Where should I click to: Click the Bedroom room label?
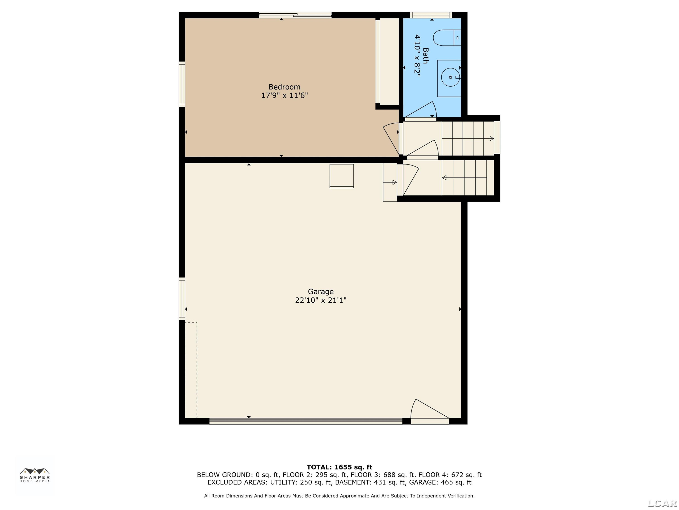(284, 87)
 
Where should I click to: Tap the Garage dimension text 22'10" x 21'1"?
(321, 300)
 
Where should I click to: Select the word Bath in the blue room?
(426, 56)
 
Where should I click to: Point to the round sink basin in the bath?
(450, 77)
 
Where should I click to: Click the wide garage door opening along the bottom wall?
(306, 421)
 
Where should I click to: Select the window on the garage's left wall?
(182, 299)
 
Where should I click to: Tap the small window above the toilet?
(431, 15)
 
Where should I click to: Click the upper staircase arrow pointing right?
(468, 139)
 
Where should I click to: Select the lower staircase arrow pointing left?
(464, 178)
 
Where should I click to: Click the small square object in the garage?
(342, 176)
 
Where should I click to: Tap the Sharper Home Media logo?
(35, 475)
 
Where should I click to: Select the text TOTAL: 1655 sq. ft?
(339, 467)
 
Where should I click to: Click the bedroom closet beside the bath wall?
(387, 61)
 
